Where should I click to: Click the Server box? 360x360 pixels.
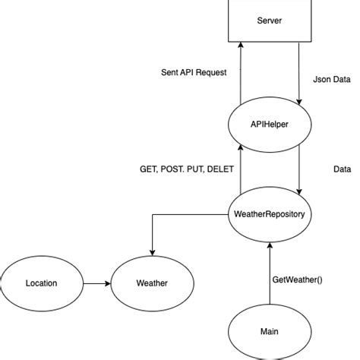pos(270,20)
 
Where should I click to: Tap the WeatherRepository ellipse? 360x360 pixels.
pos(269,215)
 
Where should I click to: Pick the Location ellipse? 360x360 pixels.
pos(41,283)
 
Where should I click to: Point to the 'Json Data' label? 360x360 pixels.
pos(332,78)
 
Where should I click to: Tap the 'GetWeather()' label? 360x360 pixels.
pos(297,279)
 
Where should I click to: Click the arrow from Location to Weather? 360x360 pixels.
pos(96,283)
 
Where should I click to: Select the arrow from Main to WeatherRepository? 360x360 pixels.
pos(269,273)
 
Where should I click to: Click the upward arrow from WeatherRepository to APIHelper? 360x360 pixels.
pos(240,171)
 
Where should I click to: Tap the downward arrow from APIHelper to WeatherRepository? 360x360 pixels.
pos(299,171)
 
